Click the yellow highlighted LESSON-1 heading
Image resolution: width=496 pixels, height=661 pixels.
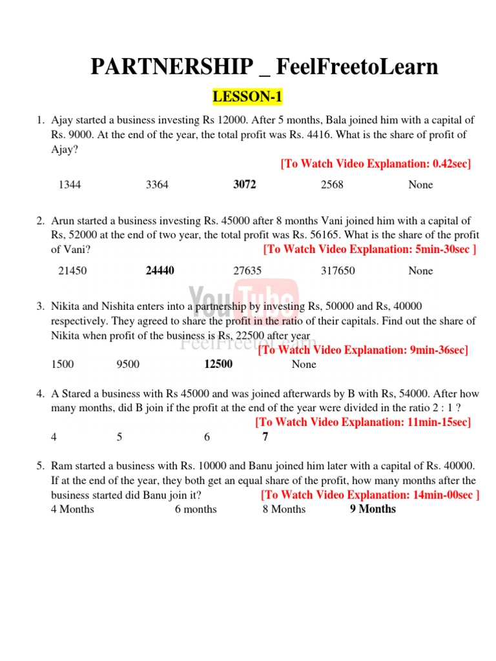pos(248,97)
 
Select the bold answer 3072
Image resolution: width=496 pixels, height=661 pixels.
pos(245,185)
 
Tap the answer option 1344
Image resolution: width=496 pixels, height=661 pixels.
pos(70,185)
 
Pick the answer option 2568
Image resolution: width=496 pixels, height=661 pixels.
pos(332,185)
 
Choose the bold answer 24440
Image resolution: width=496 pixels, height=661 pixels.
pos(160,270)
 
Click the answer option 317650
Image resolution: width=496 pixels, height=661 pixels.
pos(338,270)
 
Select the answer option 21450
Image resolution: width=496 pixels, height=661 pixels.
pos(72,270)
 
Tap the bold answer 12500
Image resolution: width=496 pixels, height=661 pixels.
pos(218,364)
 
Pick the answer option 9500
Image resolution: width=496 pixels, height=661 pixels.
pos(128,364)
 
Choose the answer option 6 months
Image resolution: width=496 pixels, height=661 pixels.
pos(196,509)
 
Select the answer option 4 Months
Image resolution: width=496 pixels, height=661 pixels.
pos(72,509)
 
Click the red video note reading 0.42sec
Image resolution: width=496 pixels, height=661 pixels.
pos(376,164)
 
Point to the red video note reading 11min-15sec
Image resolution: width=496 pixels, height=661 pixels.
pos(363,422)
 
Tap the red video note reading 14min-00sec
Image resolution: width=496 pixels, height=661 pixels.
pos(370,495)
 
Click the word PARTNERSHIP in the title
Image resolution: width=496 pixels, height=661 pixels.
pos(172,67)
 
